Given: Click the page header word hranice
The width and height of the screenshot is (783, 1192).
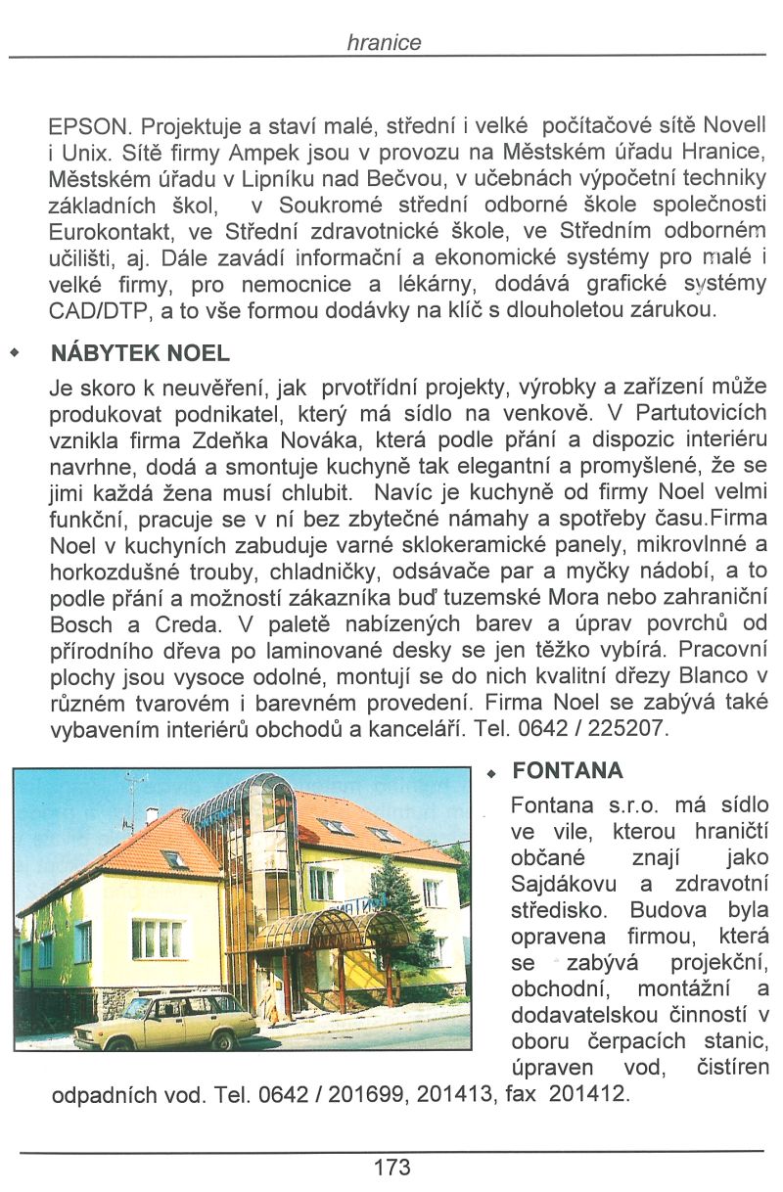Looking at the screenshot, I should click(384, 43).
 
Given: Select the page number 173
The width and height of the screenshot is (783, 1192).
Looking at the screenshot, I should click(391, 1167).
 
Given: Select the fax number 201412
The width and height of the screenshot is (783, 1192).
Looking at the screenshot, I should click(587, 1093).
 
